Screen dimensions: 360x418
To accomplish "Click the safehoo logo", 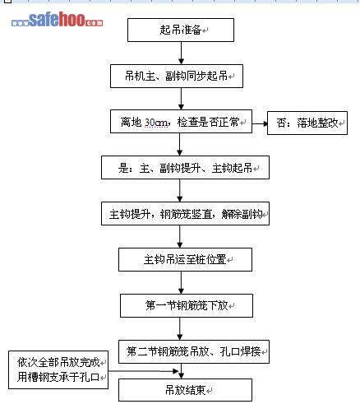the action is (x=58, y=20).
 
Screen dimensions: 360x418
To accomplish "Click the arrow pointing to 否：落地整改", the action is (x=260, y=123).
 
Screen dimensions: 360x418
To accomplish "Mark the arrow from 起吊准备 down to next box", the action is (x=181, y=53).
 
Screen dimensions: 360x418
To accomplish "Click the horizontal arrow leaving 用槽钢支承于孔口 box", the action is (x=144, y=371).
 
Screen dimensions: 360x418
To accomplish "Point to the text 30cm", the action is (x=156, y=122).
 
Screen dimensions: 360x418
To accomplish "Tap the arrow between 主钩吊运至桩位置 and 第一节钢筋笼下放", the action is (x=181, y=283).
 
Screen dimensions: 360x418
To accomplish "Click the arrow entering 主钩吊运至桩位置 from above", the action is (x=180, y=237).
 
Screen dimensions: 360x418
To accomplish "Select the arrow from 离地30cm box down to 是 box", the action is (x=180, y=145).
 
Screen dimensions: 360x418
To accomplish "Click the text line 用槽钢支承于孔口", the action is (x=58, y=377).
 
